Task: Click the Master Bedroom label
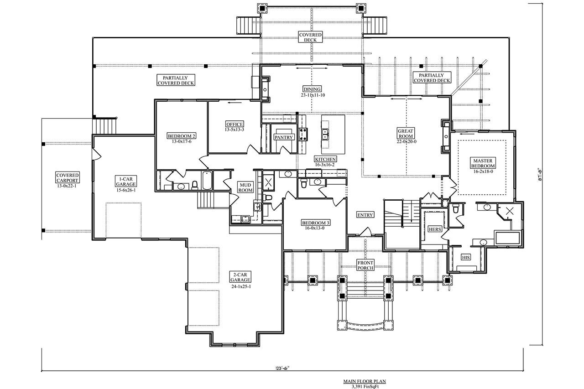pyautogui.click(x=484, y=163)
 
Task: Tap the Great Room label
pyautogui.click(x=405, y=133)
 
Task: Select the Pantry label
pyautogui.click(x=283, y=137)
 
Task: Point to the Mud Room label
pyautogui.click(x=245, y=187)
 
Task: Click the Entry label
pyautogui.click(x=365, y=215)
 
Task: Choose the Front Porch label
pyautogui.click(x=365, y=265)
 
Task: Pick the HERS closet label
pyautogui.click(x=435, y=229)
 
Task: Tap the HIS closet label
pyautogui.click(x=466, y=257)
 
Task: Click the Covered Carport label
pyautogui.click(x=68, y=178)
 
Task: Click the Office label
pyautogui.click(x=235, y=124)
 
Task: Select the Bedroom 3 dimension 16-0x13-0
pyautogui.click(x=315, y=228)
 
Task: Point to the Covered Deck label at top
pyautogui.click(x=310, y=37)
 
